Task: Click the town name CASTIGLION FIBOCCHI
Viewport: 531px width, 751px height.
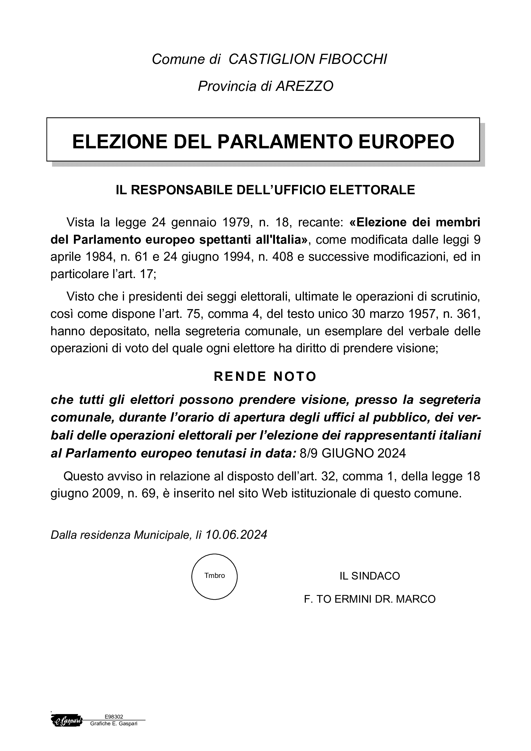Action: tap(307, 59)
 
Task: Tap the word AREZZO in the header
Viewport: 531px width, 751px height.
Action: tap(305, 86)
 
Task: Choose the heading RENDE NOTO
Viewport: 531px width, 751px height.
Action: tap(265, 377)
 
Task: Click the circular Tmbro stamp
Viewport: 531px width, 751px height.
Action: tap(214, 577)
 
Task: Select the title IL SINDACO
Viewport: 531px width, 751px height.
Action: tap(370, 576)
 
